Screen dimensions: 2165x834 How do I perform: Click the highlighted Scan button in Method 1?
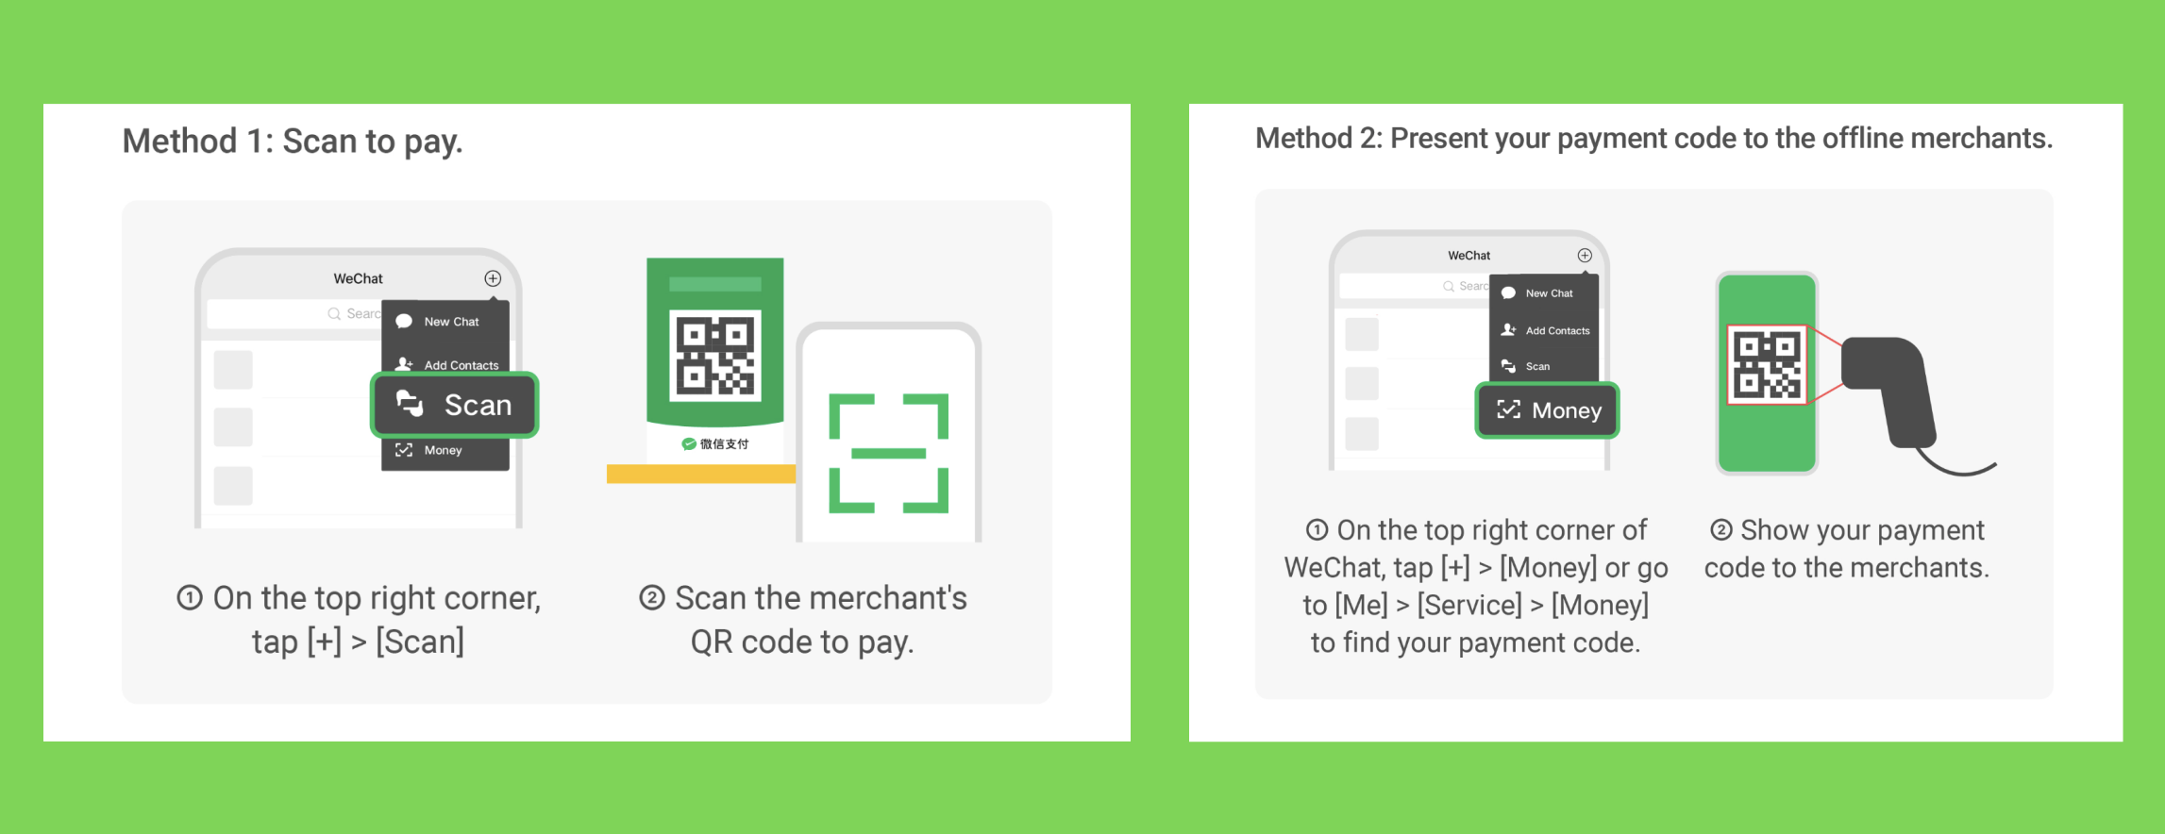pos(455,405)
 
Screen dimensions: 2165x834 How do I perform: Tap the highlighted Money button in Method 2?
pos(1548,410)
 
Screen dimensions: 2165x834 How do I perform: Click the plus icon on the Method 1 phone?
pos(493,278)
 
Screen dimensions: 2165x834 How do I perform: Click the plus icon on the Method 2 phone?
pos(1585,256)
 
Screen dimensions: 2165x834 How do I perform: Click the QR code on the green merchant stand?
pos(715,356)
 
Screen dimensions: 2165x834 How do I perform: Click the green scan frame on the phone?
pos(889,453)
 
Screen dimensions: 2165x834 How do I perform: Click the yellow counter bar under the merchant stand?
pos(701,474)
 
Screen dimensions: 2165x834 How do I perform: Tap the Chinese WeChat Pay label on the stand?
pos(715,444)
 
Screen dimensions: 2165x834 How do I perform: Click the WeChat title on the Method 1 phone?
pos(359,279)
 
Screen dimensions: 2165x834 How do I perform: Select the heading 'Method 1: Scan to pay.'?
pos(293,142)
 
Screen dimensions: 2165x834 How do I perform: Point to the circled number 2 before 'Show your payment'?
pos(1721,530)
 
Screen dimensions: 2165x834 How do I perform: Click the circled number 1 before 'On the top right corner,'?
pos(190,598)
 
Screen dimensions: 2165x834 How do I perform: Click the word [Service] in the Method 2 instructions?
pos(1469,606)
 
